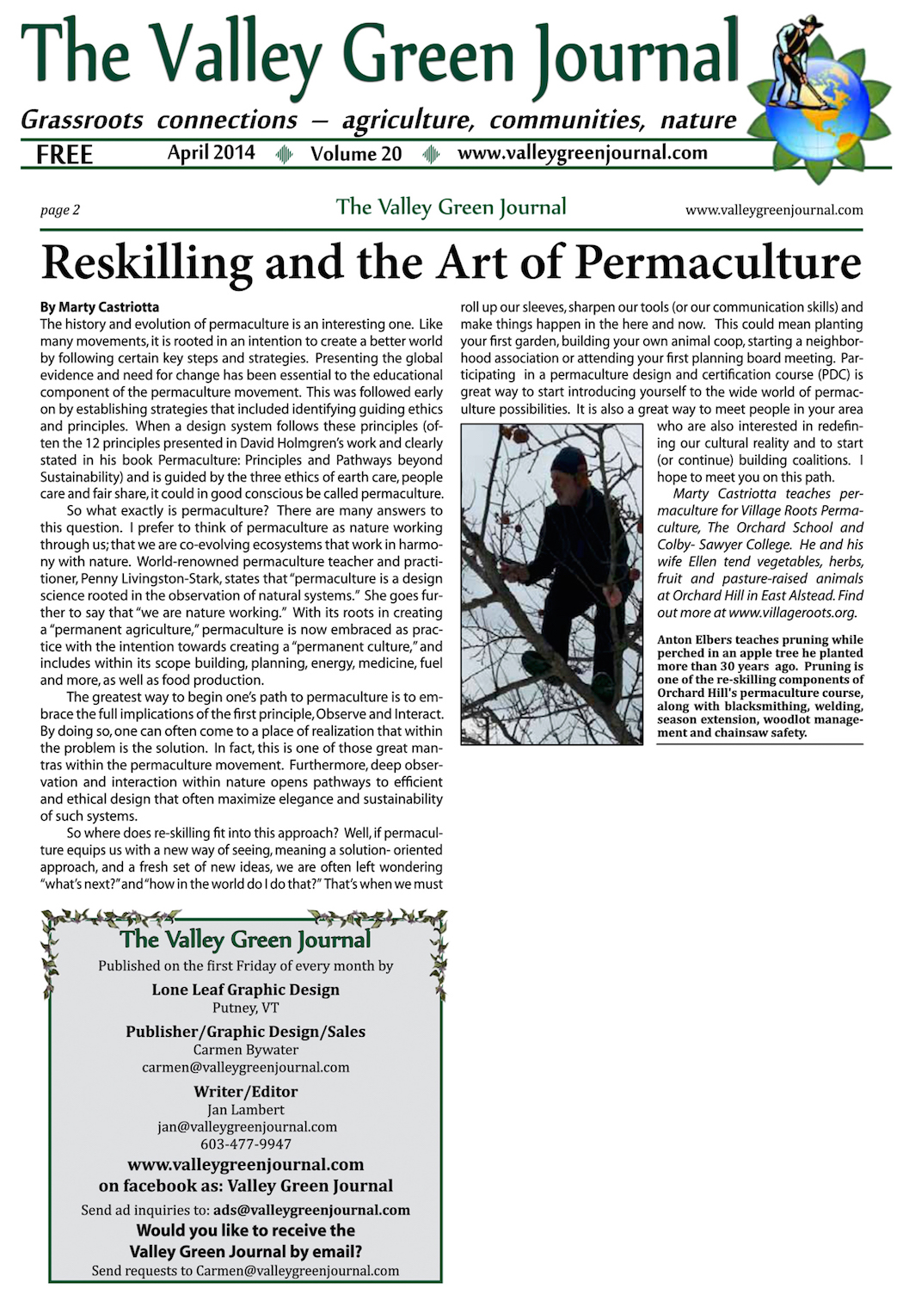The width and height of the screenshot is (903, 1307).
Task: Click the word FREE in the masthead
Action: [64, 155]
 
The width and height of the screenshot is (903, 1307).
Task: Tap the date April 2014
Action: [211, 153]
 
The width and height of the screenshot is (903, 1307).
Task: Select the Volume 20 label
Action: [356, 154]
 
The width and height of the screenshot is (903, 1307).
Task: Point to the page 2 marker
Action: [60, 210]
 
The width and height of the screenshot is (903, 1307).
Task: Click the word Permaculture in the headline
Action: [718, 262]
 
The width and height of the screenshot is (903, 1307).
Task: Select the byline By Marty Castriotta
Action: [100, 307]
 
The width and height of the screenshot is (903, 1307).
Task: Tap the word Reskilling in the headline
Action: [147, 262]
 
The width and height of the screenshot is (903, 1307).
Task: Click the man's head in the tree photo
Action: [568, 465]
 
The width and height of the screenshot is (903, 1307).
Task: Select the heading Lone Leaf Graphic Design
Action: [246, 989]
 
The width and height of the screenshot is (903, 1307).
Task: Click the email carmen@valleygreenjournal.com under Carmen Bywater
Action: [246, 1067]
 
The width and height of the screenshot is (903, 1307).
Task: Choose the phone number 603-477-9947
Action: [246, 1144]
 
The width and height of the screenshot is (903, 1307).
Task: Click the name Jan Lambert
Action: [246, 1110]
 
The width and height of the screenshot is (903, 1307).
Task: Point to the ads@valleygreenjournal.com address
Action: [311, 1210]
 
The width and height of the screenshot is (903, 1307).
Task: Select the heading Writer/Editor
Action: [246, 1092]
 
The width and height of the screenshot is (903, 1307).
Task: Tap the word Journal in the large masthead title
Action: [636, 56]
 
